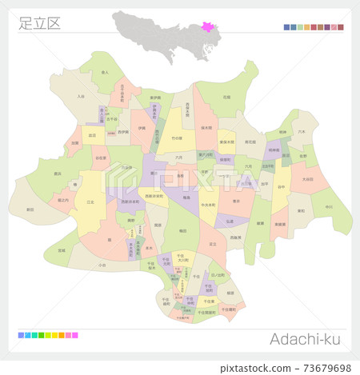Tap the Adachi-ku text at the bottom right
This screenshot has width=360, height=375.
pyautogui.click(x=304, y=341)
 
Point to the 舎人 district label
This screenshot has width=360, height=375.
pyautogui.click(x=106, y=72)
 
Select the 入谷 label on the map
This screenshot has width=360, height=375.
pyautogui.click(x=80, y=96)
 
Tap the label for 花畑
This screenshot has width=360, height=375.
pyautogui.click(x=226, y=96)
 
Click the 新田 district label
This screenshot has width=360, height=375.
pyautogui.click(x=30, y=209)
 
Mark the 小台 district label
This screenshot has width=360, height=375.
pyautogui.click(x=102, y=264)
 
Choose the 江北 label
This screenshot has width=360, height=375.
pyautogui.click(x=90, y=201)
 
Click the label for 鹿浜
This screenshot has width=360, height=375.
pyautogui.click(x=58, y=173)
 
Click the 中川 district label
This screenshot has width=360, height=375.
pyautogui.click(x=329, y=206)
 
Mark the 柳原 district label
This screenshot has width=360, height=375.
pyautogui.click(x=230, y=293)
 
